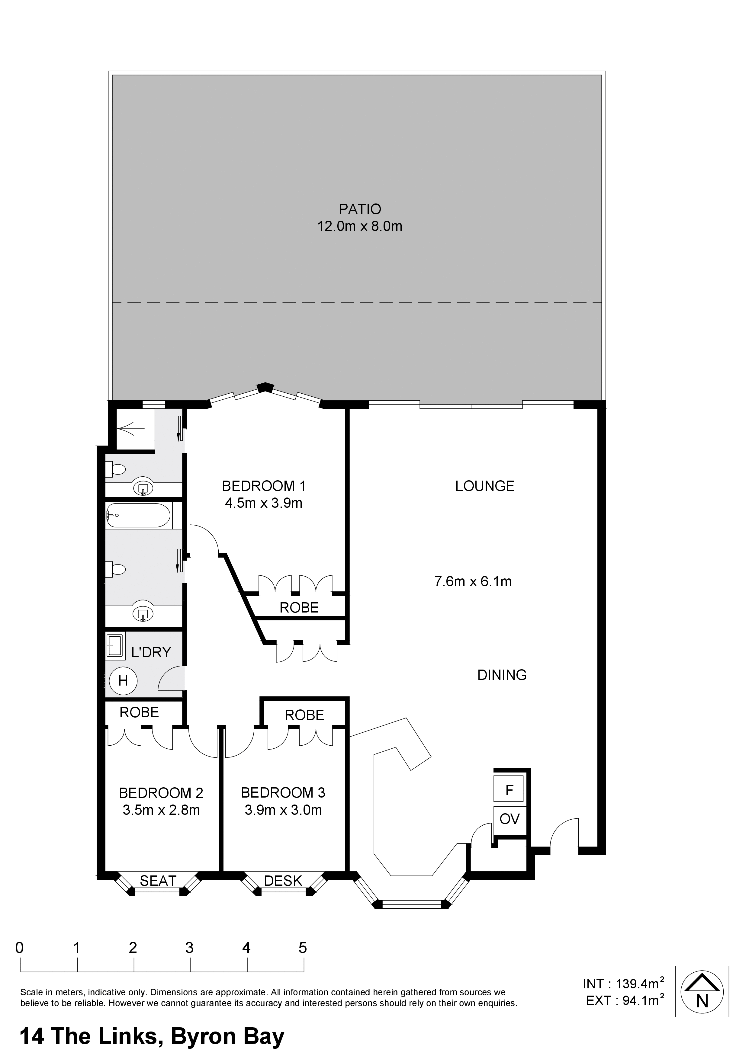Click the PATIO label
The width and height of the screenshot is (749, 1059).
coord(360,210)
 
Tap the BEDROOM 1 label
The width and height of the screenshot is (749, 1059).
coord(264,486)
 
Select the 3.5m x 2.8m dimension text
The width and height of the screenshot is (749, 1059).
coord(161,810)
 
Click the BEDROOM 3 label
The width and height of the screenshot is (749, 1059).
coord(283,793)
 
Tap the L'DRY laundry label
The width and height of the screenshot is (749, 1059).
coord(151,652)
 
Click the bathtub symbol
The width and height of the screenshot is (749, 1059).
coord(138,515)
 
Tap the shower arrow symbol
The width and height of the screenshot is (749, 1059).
coord(132,429)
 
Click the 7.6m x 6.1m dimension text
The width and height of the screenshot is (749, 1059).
coord(473,582)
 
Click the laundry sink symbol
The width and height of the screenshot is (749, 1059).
coord(115,645)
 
